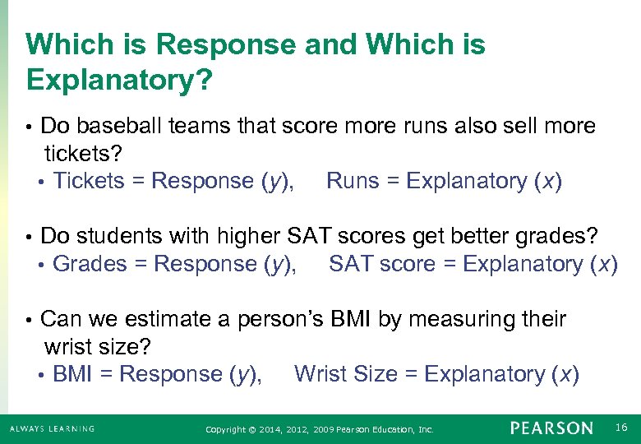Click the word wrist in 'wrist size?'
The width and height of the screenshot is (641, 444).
click(x=65, y=346)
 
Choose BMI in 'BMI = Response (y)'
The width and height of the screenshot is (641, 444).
click(x=71, y=374)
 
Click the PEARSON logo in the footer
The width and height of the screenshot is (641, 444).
click(x=551, y=428)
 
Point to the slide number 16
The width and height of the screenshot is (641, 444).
click(x=620, y=426)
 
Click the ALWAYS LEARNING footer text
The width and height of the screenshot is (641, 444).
click(x=52, y=428)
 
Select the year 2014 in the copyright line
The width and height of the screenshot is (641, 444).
click(x=270, y=429)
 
